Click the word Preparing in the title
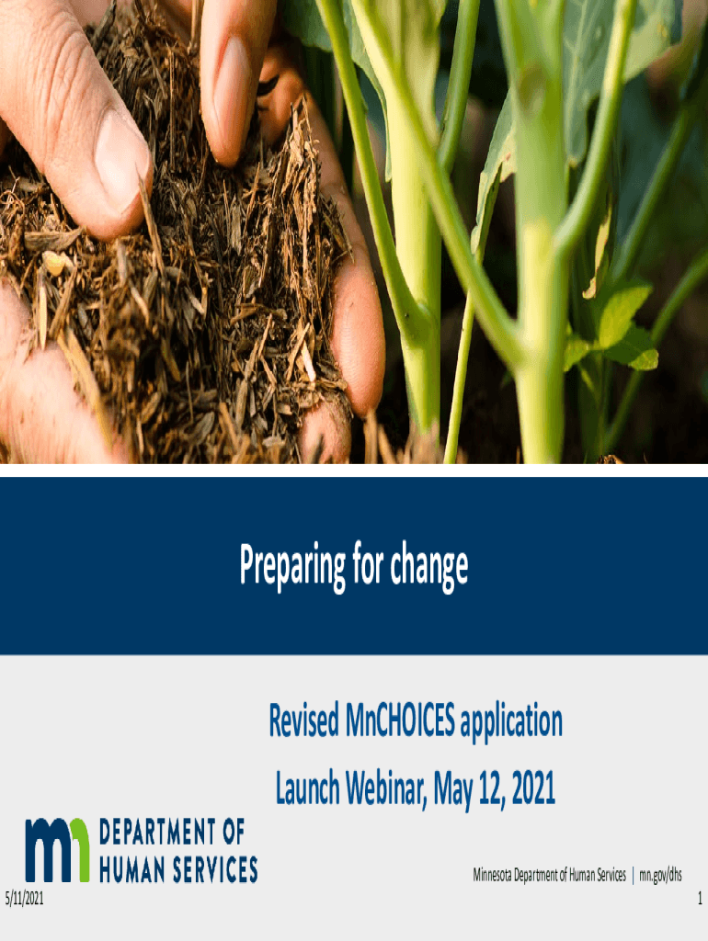tap(293, 565)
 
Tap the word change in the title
tap(429, 566)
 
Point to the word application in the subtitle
tap(511, 722)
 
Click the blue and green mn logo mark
tap(57, 850)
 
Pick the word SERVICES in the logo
tap(215, 869)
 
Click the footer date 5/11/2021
tap(24, 899)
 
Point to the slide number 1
tap(700, 899)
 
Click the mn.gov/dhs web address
tap(660, 875)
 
